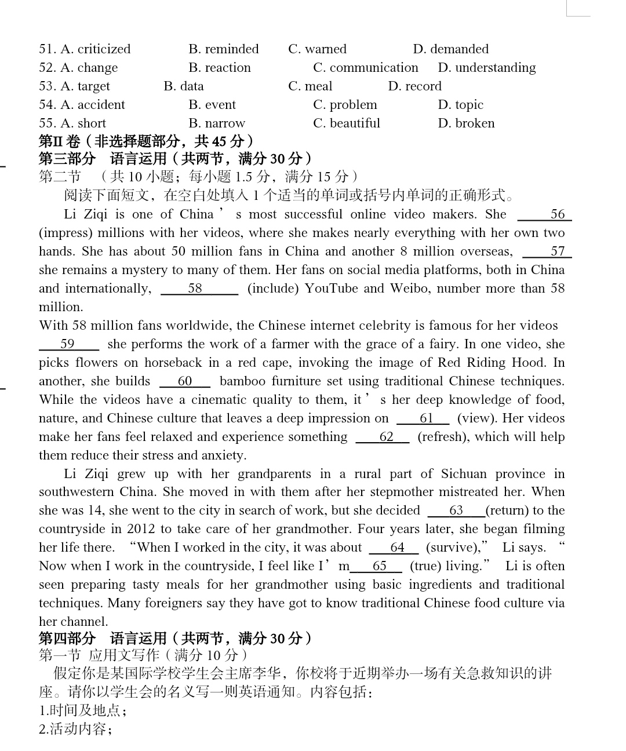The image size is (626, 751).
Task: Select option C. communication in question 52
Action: pyautogui.click(x=365, y=68)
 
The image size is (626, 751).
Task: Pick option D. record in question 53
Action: pyautogui.click(x=414, y=86)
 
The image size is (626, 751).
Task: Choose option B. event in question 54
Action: pyautogui.click(x=212, y=105)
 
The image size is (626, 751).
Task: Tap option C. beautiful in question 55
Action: pyautogui.click(x=347, y=123)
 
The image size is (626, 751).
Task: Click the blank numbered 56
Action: pyautogui.click(x=545, y=215)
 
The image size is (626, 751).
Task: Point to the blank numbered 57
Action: pyautogui.click(x=547, y=252)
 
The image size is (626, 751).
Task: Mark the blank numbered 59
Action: pyautogui.click(x=68, y=345)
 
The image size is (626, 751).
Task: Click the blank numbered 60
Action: pyautogui.click(x=185, y=382)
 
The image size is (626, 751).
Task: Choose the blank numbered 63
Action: pyautogui.click(x=456, y=511)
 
